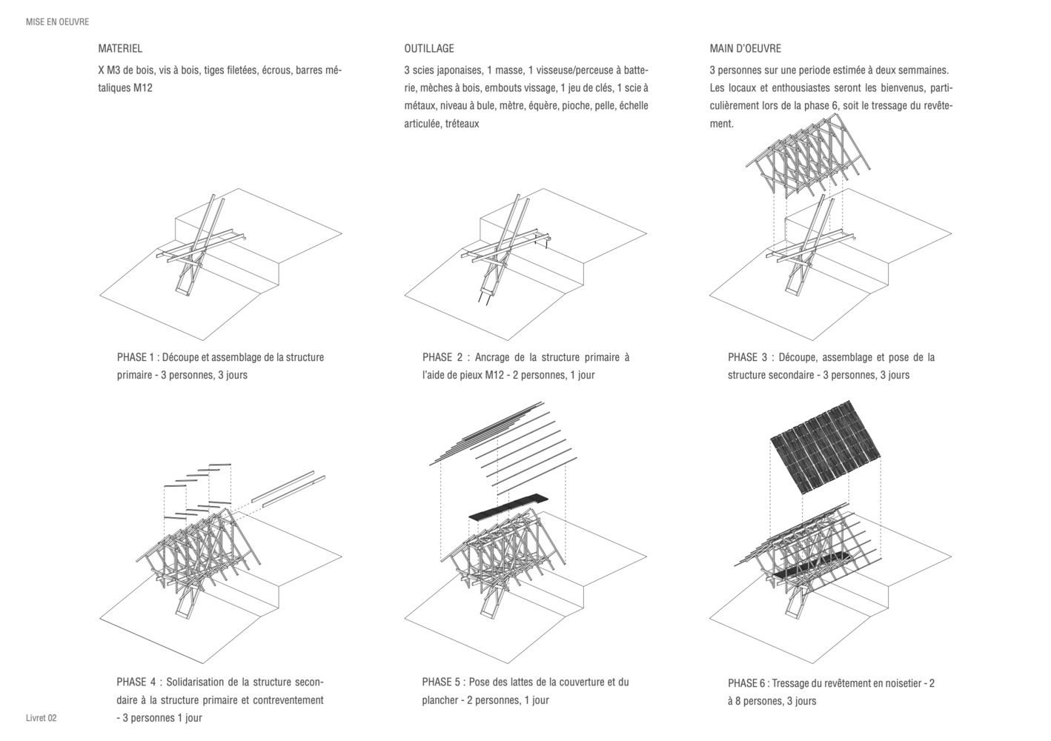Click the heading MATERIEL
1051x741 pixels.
tap(120, 49)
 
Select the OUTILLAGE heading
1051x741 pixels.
tap(429, 49)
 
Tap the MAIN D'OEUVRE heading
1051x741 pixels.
tap(745, 49)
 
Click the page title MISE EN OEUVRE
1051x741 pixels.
tap(57, 22)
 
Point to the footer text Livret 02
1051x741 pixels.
tap(41, 718)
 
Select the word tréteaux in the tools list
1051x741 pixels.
tap(461, 124)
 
